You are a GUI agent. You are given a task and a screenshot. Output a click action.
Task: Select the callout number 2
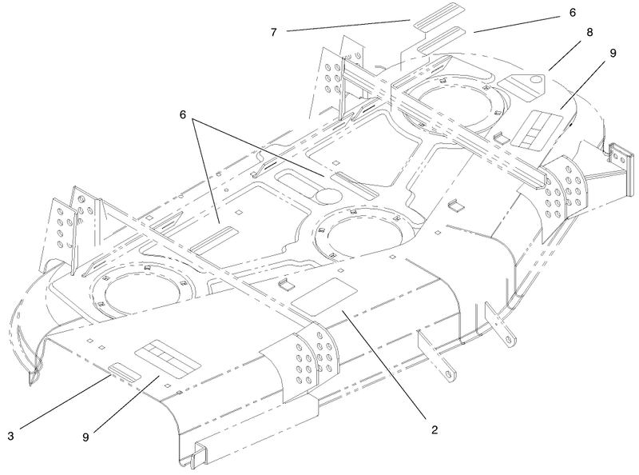435,429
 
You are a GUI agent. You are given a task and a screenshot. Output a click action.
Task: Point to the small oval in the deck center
324,195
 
